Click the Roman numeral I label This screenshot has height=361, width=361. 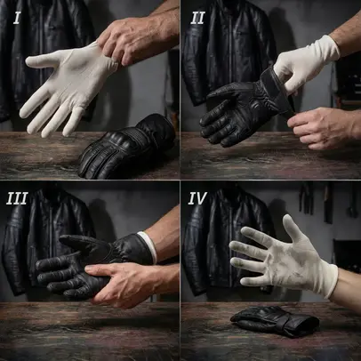click(17, 18)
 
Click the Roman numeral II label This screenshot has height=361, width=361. click(197, 19)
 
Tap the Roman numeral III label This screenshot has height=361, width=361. click(17, 198)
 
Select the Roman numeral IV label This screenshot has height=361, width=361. click(197, 198)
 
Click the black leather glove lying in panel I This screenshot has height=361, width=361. click(126, 147)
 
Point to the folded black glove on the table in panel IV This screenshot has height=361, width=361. click(275, 321)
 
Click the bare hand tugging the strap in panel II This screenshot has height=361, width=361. click(322, 128)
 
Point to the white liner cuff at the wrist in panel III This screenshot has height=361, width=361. click(148, 247)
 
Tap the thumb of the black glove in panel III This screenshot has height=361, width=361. click(78, 241)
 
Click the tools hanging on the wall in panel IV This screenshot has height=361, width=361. click(327, 202)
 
